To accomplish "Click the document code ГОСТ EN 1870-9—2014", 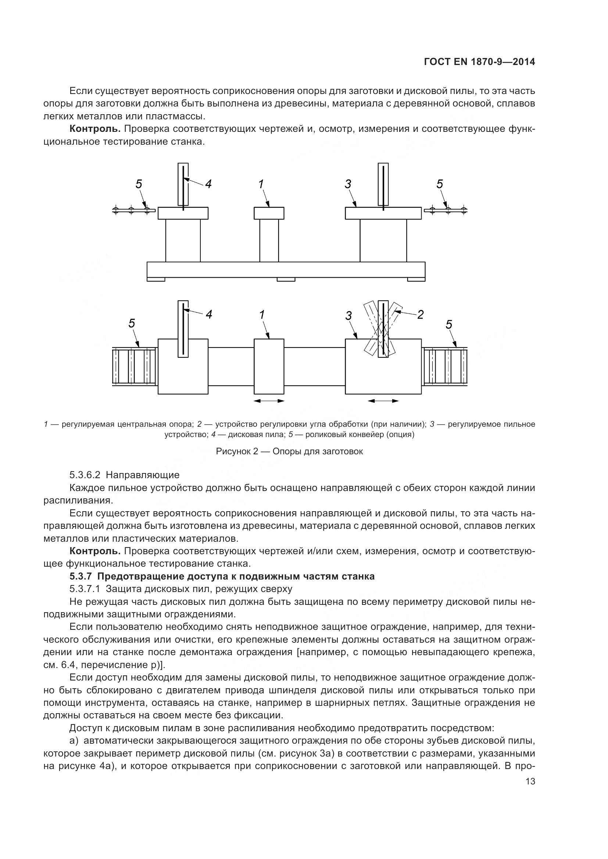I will pyautogui.click(x=479, y=62).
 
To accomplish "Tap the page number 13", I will pyautogui.click(x=530, y=782).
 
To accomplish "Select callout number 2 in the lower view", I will pyautogui.click(x=420, y=315).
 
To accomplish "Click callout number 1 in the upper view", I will pyautogui.click(x=261, y=184).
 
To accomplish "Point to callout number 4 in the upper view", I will pyautogui.click(x=208, y=184).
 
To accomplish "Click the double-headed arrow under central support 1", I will pyautogui.click(x=269, y=401).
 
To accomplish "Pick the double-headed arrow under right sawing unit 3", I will pyautogui.click(x=383, y=401).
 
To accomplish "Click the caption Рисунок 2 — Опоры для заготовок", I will pyautogui.click(x=289, y=451).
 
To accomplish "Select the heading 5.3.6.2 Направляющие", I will pyautogui.click(x=124, y=475).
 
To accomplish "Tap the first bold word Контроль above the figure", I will pyautogui.click(x=95, y=129).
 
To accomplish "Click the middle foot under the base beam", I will pyautogui.click(x=286, y=279).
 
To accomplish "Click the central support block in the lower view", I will pyautogui.click(x=269, y=366).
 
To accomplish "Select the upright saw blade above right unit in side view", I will pyautogui.click(x=383, y=184).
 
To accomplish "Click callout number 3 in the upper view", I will pyautogui.click(x=348, y=184).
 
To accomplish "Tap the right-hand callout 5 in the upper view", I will pyautogui.click(x=440, y=184).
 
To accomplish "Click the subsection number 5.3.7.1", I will pyautogui.click(x=85, y=589).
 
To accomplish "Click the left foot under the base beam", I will pyautogui.click(x=156, y=279).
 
